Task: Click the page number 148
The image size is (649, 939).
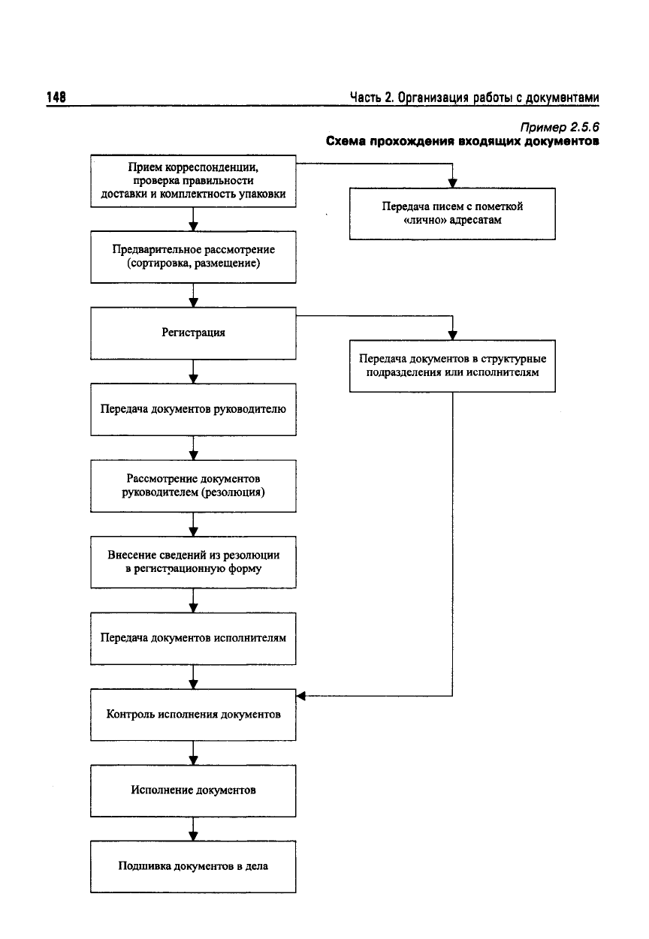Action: (56, 97)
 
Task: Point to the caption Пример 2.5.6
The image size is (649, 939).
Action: (559, 127)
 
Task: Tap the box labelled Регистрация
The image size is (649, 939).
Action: (193, 333)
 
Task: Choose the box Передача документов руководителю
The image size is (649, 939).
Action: (193, 410)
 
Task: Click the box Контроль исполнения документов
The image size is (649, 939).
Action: (193, 715)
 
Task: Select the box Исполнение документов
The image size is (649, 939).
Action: (193, 790)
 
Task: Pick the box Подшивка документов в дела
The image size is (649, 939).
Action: (193, 866)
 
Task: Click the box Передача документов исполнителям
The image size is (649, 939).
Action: (193, 639)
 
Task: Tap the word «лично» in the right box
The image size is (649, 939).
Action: (424, 220)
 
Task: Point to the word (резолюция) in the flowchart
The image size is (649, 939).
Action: (234, 492)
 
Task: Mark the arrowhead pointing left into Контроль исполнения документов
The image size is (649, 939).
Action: (300, 697)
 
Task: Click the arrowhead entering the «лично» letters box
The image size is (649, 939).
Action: (452, 184)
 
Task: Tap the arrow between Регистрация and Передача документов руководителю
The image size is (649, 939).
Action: (193, 372)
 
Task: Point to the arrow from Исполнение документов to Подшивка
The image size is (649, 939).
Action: (193, 829)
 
